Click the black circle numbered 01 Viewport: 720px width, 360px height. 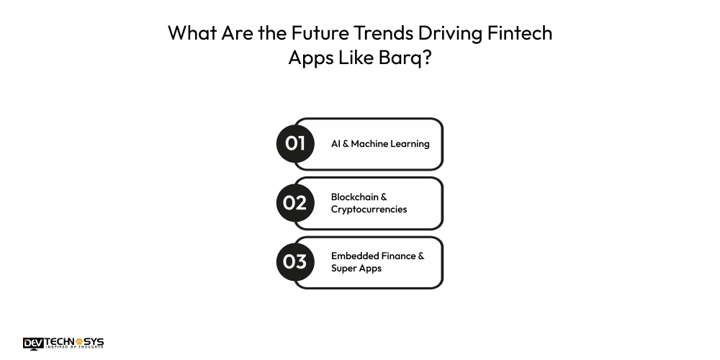(x=295, y=143)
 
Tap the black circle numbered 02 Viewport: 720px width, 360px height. (x=295, y=202)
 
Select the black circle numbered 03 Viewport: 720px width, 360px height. (x=295, y=261)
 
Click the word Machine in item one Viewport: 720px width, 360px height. (x=372, y=143)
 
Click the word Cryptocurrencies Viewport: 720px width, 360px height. (x=369, y=210)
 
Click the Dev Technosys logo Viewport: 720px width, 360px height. (x=63, y=343)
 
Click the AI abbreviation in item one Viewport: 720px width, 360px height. (x=336, y=143)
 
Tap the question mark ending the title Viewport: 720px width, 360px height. (x=428, y=58)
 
